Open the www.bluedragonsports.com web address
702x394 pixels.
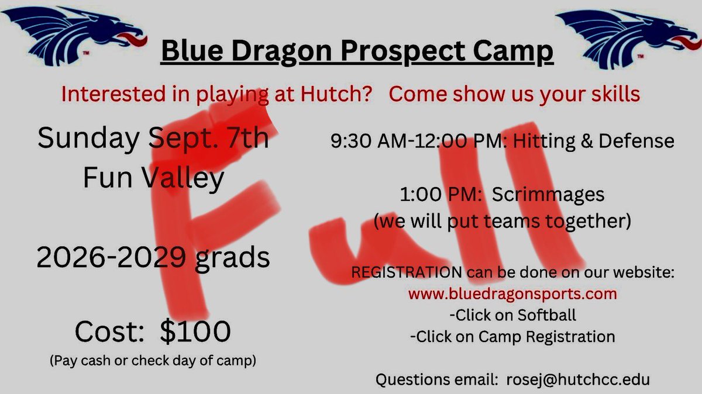click(513, 293)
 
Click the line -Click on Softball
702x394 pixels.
click(513, 314)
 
